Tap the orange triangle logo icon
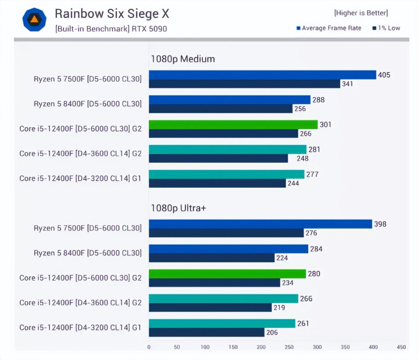34,20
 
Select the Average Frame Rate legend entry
329,28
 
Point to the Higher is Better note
360,13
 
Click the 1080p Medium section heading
183,59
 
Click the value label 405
384,75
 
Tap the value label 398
380,224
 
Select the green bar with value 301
233,124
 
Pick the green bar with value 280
227,274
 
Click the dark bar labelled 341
244,84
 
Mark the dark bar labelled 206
206,333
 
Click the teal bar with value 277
227,174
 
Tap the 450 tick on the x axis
401,347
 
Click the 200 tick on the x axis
261,347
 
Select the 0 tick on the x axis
149,347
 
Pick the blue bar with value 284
228,249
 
